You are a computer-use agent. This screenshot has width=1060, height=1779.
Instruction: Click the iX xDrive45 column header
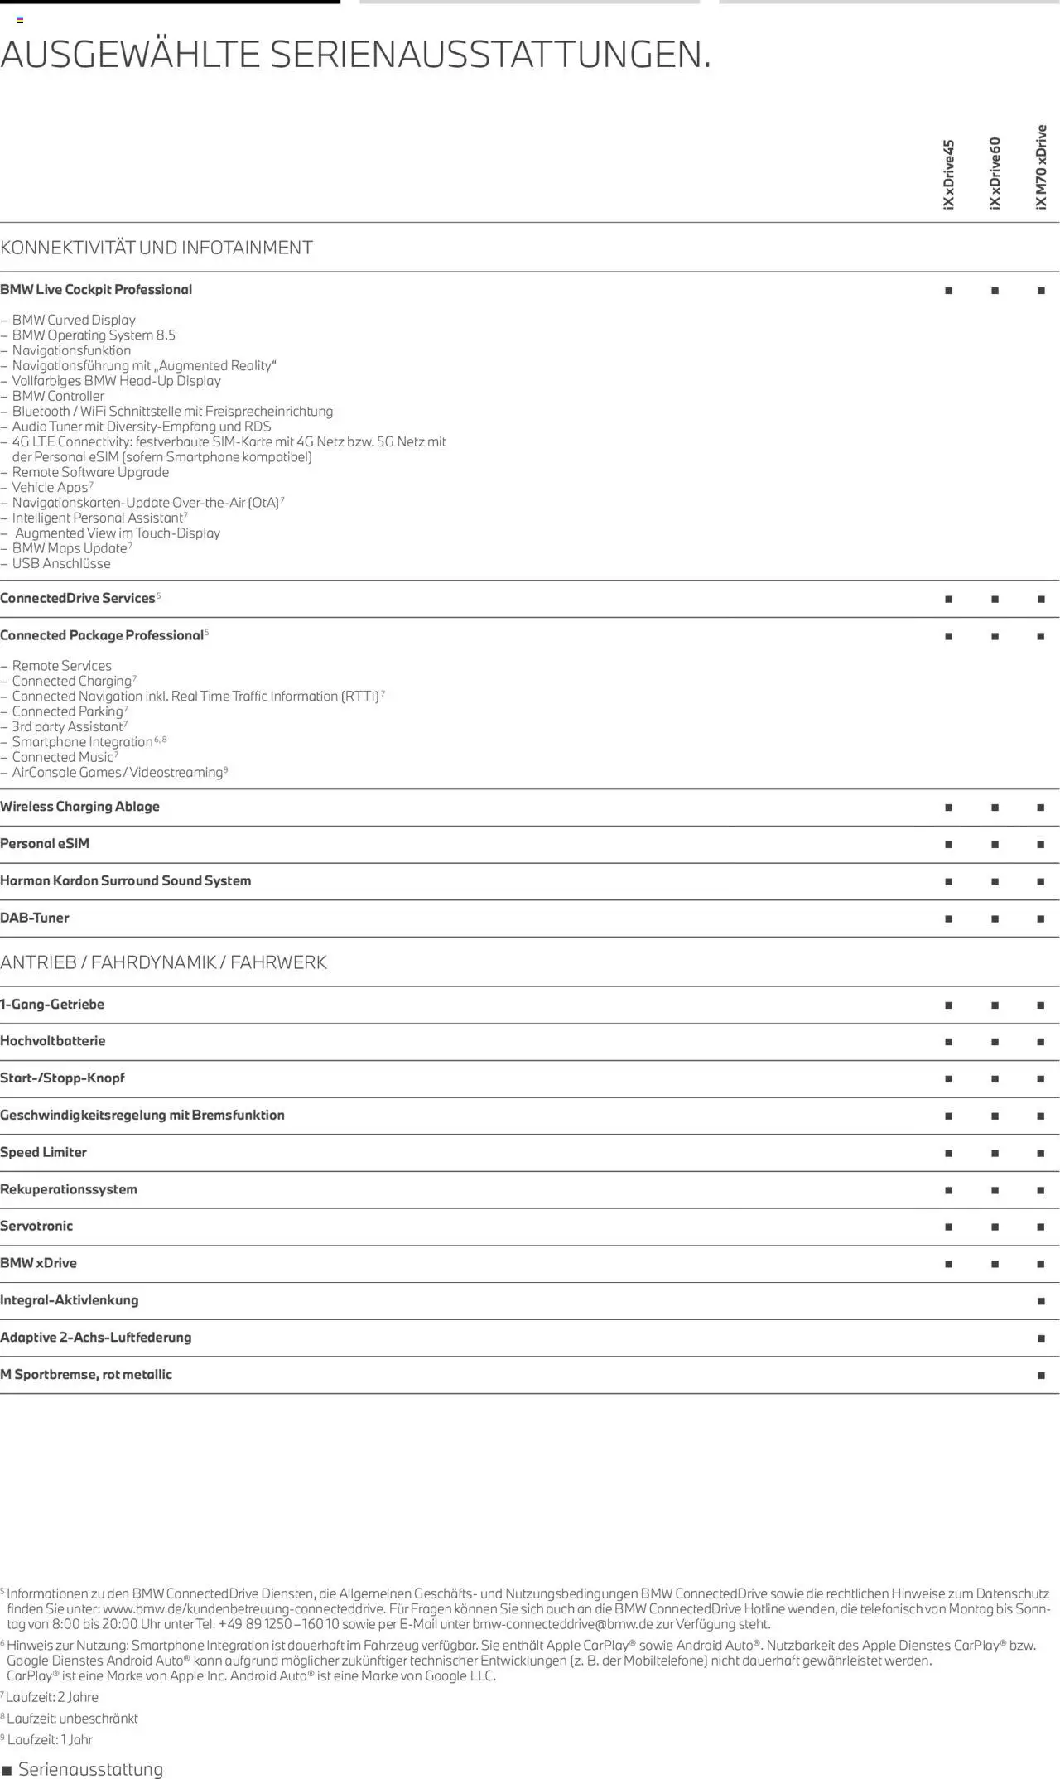point(949,174)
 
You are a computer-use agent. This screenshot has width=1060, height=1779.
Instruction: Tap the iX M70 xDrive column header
point(1041,166)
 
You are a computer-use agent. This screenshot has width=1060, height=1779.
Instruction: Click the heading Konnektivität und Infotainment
point(157,248)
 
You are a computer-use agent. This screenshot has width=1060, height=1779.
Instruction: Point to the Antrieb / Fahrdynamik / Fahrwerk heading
point(163,962)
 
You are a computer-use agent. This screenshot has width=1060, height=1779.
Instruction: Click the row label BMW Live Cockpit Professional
point(96,290)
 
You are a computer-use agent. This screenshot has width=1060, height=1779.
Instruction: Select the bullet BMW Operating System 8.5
point(94,335)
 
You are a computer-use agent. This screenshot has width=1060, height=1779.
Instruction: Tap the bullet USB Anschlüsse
point(61,564)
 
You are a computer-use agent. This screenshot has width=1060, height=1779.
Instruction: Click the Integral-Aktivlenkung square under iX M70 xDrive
point(1041,1301)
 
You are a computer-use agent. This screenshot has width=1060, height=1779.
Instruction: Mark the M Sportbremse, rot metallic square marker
point(1041,1376)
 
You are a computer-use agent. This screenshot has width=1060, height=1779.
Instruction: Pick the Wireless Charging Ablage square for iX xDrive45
point(948,808)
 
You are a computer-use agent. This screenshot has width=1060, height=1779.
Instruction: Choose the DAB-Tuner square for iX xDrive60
point(995,918)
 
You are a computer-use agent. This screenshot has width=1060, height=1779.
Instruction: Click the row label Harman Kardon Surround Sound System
point(125,881)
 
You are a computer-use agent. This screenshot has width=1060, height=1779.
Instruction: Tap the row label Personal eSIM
point(45,844)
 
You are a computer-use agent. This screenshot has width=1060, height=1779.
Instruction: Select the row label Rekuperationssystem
point(69,1189)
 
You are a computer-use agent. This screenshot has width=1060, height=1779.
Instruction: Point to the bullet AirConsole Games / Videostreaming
point(118,773)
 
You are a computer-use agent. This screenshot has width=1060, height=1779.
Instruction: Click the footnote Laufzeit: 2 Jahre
point(52,1697)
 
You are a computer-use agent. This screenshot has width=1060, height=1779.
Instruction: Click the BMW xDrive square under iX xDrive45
point(948,1264)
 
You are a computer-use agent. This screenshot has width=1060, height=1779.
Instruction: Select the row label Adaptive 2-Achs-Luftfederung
point(95,1338)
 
